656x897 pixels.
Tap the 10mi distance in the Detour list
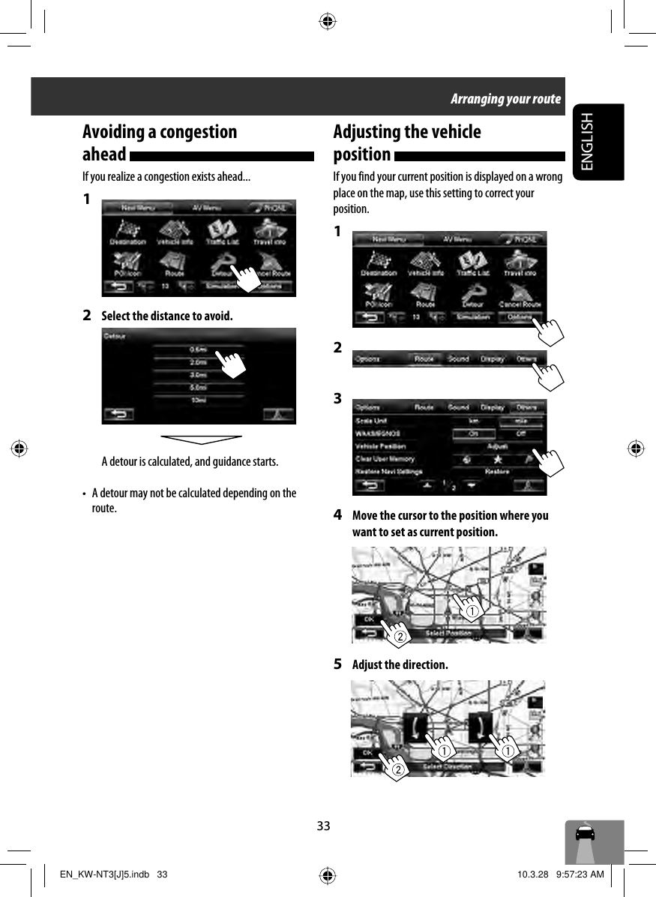(198, 400)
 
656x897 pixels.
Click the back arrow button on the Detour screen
(120, 413)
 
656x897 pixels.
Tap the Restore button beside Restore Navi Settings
(497, 472)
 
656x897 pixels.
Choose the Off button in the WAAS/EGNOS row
(519, 433)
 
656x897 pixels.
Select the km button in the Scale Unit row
(474, 421)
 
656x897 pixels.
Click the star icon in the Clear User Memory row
(497, 459)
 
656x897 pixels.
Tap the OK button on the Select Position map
(369, 619)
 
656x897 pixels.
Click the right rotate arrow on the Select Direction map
(481, 727)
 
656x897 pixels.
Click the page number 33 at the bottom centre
(323, 826)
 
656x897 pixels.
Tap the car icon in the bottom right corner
(586, 834)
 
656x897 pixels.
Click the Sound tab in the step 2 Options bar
(458, 359)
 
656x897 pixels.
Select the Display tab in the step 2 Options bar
(492, 359)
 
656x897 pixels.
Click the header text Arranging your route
(505, 99)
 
